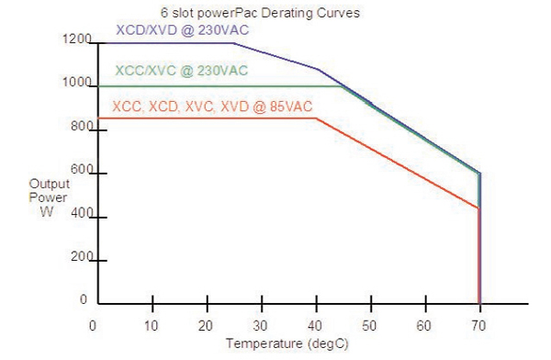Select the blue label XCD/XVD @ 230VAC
[x=183, y=30]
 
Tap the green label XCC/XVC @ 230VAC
[x=181, y=71]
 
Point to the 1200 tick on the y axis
[x=77, y=40]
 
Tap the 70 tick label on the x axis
[x=479, y=325]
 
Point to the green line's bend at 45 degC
[x=343, y=86]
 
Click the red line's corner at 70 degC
[x=479, y=208]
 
